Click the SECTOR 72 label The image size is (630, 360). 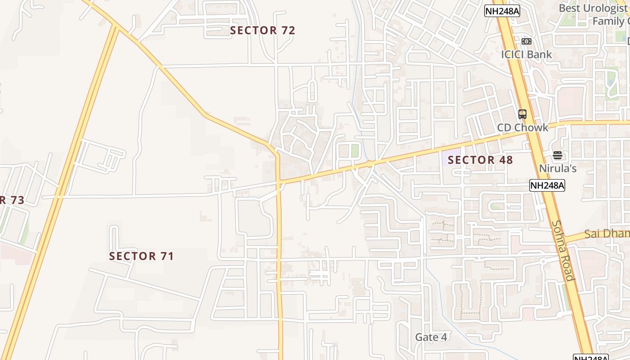click(x=262, y=31)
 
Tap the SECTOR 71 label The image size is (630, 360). click(x=141, y=256)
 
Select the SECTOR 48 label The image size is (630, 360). click(x=480, y=160)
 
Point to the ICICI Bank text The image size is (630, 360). click(x=526, y=54)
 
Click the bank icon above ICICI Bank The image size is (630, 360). click(x=526, y=41)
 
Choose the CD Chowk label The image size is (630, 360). click(x=522, y=127)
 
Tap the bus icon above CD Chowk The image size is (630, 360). click(x=522, y=114)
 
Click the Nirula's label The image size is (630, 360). click(x=558, y=169)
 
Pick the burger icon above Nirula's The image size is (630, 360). click(x=558, y=156)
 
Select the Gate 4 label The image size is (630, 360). click(x=431, y=337)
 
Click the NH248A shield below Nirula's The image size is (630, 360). click(x=547, y=185)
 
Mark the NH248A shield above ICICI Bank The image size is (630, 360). click(x=502, y=11)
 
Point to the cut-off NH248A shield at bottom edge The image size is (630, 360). click(x=590, y=357)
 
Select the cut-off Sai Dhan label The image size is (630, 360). click(x=607, y=234)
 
